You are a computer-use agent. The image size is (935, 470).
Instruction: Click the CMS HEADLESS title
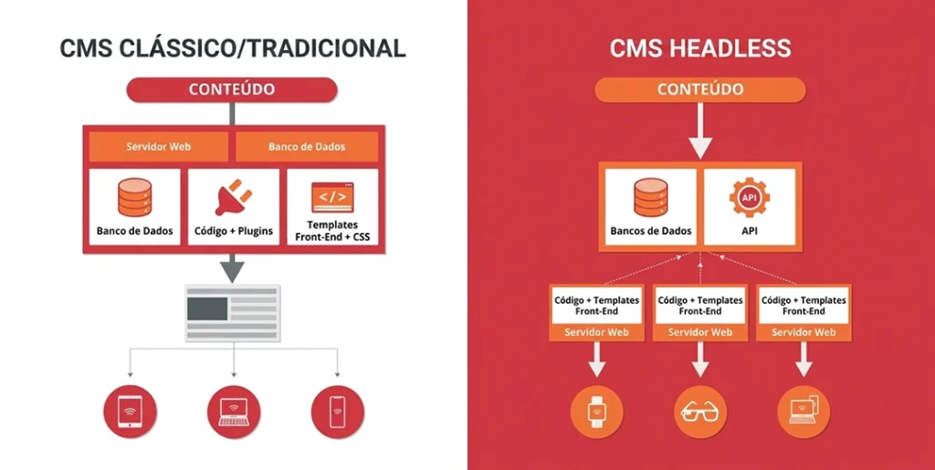point(700,47)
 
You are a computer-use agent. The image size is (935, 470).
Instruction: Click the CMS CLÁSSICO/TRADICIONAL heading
point(233,47)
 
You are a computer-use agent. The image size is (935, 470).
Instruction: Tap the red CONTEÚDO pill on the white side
point(232,89)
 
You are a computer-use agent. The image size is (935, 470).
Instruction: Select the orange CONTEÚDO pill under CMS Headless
point(700,89)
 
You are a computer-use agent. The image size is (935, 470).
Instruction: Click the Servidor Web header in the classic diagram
point(159,147)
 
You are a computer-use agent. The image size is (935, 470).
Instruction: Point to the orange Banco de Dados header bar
point(307,147)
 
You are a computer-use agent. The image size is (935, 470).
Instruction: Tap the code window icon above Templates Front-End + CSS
point(332,197)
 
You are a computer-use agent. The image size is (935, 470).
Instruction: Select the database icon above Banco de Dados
point(134,197)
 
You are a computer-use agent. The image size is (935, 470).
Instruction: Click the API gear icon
point(750,197)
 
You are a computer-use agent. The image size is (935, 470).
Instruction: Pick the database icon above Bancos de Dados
point(650,197)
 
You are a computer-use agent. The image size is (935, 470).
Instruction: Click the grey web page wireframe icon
point(233,313)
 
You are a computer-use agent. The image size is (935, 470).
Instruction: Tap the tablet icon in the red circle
point(130,412)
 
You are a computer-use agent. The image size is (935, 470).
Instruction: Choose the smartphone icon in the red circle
point(338,412)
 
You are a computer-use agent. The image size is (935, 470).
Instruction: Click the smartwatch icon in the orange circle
point(596,412)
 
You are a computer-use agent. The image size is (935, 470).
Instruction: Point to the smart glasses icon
point(700,412)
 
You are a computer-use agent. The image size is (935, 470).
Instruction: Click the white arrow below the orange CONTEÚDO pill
point(700,131)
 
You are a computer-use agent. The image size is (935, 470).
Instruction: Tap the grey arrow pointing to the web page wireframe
point(232,268)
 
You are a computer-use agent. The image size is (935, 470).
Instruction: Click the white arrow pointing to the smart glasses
point(700,360)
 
